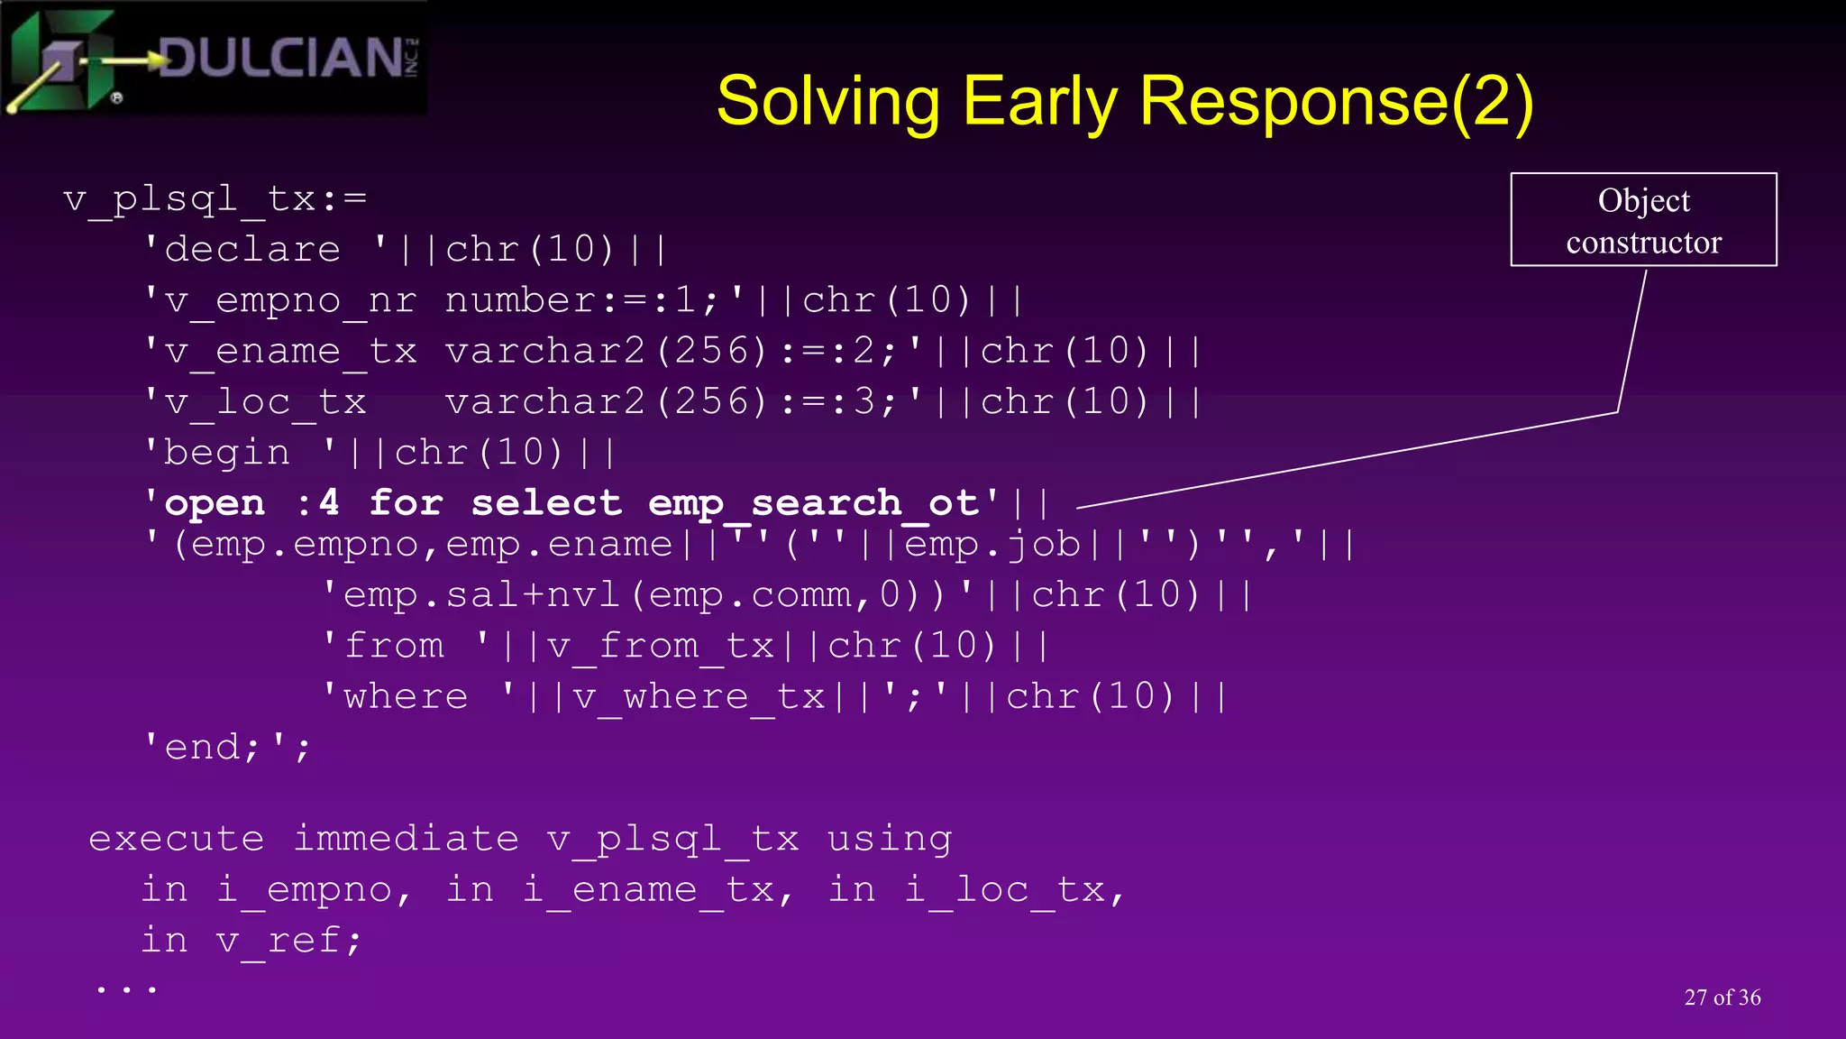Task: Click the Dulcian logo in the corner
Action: pyautogui.click(x=215, y=60)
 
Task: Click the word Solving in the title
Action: pyautogui.click(x=827, y=101)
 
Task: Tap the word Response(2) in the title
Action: pyautogui.click(x=1336, y=101)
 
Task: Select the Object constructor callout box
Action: pyautogui.click(x=1642, y=220)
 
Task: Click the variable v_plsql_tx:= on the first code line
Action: pyautogui.click(x=215, y=199)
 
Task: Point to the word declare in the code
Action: pyautogui.click(x=253, y=250)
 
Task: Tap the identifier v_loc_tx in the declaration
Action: pyautogui.click(x=266, y=402)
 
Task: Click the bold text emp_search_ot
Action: pyautogui.click(x=813, y=503)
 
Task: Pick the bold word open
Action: pyautogui.click(x=215, y=503)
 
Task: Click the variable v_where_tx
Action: pyautogui.click(x=699, y=697)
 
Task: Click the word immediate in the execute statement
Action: pyautogui.click(x=407, y=840)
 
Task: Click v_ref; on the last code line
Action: pyautogui.click(x=288, y=941)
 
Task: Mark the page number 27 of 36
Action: pyautogui.click(x=1722, y=998)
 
